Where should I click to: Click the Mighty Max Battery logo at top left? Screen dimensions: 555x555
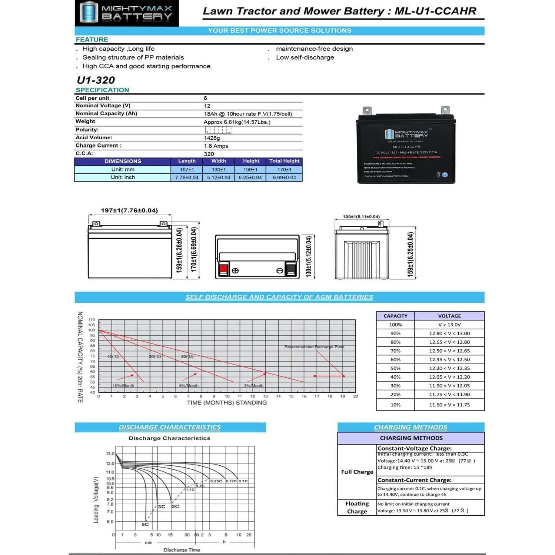126,13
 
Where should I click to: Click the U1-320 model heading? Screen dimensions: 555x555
96,80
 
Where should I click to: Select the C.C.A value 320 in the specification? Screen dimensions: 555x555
209,154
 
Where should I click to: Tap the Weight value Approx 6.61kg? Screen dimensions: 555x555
237,122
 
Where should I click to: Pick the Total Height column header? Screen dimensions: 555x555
284,161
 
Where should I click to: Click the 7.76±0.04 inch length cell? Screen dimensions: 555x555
187,177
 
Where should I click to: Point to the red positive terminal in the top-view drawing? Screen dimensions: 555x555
223,269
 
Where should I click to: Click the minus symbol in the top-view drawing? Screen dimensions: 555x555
280,271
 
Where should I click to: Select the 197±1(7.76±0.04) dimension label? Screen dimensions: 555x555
129,210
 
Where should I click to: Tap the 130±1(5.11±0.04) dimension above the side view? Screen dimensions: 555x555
361,217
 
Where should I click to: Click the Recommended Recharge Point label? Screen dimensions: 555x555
314,347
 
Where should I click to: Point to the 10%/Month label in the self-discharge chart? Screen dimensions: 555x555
123,386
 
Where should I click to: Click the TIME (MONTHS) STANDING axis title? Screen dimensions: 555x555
227,403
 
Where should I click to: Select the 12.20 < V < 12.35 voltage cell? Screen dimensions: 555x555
449,368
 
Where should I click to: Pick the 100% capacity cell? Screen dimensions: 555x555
395,325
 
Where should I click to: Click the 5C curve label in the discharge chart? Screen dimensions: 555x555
145,524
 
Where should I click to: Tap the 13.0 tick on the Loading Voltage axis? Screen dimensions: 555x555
110,453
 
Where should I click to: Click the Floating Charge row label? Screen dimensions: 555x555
357,508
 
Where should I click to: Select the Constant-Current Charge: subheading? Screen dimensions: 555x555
414,480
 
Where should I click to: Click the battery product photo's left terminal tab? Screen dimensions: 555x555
367,110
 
